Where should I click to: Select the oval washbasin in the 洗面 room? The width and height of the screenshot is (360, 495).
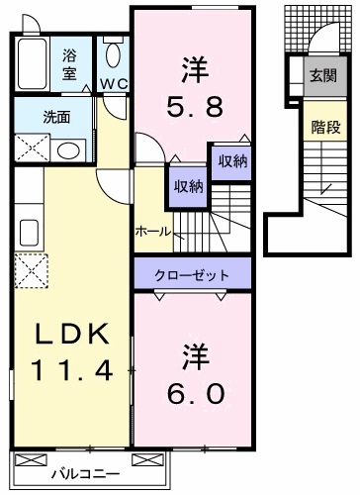point(68,150)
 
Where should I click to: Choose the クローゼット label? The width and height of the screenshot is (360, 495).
point(192,274)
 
